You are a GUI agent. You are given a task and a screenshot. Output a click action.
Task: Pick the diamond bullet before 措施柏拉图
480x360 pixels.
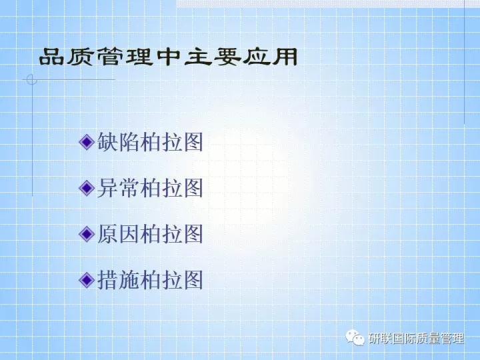[x=86, y=279]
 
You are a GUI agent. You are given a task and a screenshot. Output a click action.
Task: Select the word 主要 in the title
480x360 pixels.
[x=209, y=57]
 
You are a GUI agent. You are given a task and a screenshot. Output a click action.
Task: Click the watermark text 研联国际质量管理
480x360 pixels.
[x=416, y=339]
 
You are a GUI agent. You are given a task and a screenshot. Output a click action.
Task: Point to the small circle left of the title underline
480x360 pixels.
[x=30, y=81]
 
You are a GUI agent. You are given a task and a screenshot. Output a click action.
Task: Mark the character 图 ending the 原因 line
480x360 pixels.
[x=193, y=233]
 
